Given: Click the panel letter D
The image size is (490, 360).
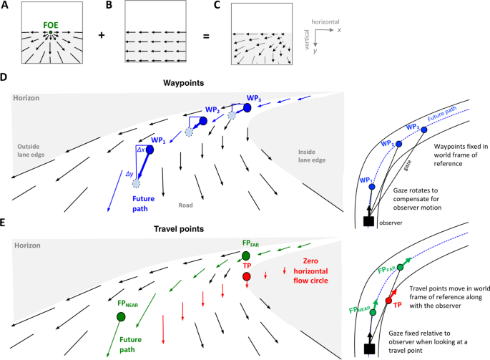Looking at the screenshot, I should pyautogui.click(x=4, y=76).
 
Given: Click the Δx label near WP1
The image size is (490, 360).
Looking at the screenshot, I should pyautogui.click(x=141, y=150).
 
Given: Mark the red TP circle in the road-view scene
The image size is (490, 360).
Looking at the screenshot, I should pyautogui.click(x=246, y=277).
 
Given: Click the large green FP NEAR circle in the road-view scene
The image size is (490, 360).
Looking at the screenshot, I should pyautogui.click(x=121, y=316).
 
